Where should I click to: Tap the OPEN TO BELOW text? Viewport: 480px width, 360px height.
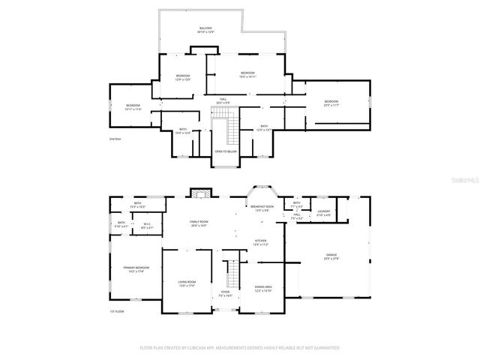226,151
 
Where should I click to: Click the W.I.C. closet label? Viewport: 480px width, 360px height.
148,226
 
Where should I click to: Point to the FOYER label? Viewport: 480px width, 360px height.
225,294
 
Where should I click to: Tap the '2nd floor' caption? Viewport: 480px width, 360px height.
115,139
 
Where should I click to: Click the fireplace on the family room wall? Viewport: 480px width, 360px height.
198,193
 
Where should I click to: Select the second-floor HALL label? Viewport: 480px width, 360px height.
223,100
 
